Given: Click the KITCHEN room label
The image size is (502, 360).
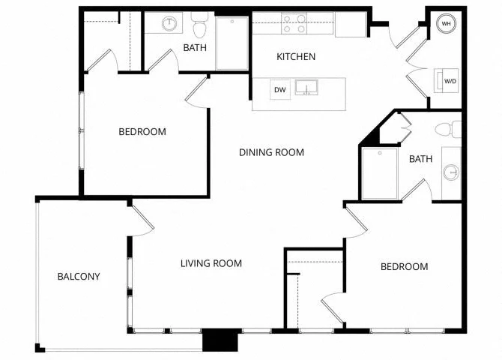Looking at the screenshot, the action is click(296, 57).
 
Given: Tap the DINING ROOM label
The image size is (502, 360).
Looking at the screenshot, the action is click(271, 152).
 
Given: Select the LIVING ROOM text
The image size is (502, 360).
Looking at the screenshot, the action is click(211, 263).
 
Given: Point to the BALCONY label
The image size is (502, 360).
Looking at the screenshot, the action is click(79, 276).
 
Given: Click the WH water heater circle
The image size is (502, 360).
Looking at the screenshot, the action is click(446, 24).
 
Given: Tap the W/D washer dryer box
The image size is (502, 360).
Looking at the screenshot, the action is click(447, 81).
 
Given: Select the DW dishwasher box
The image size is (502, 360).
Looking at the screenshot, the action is click(280, 90).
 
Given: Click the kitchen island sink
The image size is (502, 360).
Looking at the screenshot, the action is click(306, 88).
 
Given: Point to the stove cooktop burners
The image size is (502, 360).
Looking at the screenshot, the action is click(294, 24).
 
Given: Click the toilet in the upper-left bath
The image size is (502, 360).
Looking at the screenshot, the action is click(199, 25).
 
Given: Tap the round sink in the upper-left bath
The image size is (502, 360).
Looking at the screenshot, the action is click(169, 23).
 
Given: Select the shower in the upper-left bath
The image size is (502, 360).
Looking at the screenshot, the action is click(232, 43).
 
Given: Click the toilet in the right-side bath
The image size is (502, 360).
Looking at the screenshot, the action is click(448, 130).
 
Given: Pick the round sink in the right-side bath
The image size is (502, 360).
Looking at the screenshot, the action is click(451, 172).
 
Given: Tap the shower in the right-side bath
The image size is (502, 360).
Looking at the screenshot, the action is click(380, 173).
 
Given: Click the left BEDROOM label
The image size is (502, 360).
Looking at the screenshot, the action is click(142, 132).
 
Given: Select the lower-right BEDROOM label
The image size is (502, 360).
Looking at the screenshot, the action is click(405, 267).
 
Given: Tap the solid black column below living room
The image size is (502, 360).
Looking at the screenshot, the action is click(220, 340).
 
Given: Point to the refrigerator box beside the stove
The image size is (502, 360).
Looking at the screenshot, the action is click(351, 25).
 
